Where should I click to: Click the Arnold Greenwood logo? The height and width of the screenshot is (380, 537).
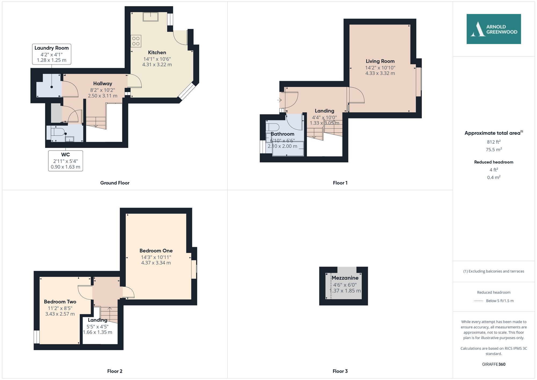click(x=494, y=29)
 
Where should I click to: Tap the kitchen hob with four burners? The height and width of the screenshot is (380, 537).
click(x=136, y=41)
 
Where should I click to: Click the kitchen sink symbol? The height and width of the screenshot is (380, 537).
click(x=150, y=17)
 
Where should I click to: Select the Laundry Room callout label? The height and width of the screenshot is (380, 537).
click(x=52, y=54)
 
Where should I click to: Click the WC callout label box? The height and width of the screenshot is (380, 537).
click(x=66, y=161)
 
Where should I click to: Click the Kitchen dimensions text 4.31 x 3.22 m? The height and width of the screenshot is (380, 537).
click(x=157, y=65)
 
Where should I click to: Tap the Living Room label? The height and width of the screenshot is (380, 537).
click(x=380, y=61)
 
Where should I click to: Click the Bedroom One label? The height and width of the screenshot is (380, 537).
click(x=156, y=251)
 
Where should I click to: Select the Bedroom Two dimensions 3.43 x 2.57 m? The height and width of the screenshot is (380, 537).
click(x=60, y=314)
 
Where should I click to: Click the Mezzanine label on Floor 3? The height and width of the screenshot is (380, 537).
click(x=345, y=278)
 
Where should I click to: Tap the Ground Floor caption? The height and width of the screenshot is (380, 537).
click(x=115, y=183)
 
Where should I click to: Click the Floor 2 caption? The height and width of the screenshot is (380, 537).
click(x=115, y=371)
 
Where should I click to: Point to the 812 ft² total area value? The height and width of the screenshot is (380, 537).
click(x=494, y=142)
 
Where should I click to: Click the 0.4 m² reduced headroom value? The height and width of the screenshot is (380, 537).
click(x=494, y=178)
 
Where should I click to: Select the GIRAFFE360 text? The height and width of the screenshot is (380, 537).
click(x=494, y=364)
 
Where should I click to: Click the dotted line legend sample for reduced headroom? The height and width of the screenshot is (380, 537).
click(x=478, y=301)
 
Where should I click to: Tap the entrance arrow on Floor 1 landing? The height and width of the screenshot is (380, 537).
click(x=280, y=100)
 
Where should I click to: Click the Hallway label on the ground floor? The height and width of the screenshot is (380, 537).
click(x=103, y=84)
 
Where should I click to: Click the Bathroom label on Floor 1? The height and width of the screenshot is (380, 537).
click(x=282, y=134)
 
